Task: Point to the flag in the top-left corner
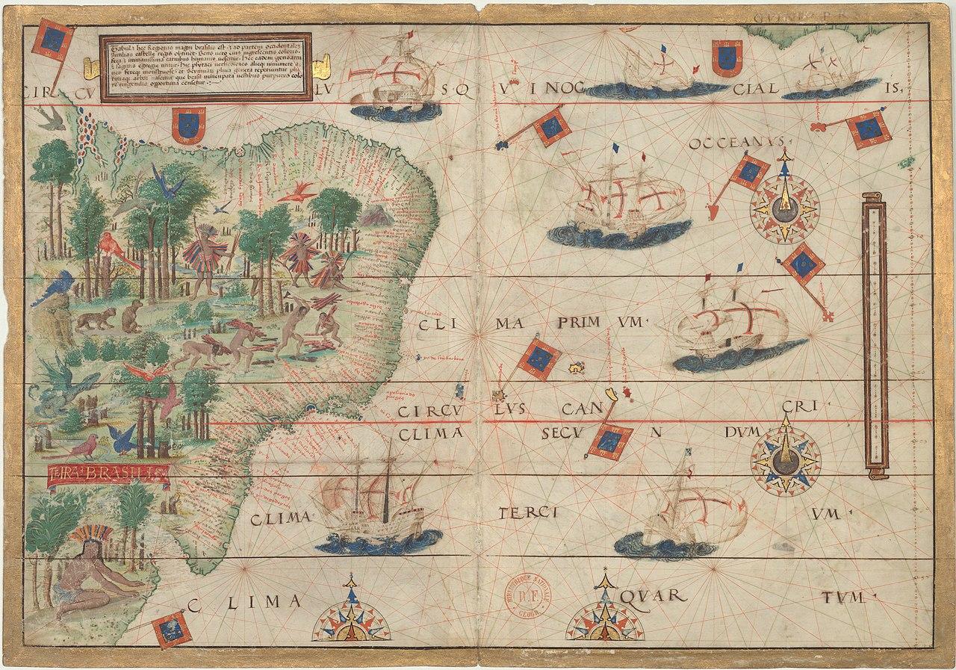pos(52,42)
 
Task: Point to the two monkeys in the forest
pos(112,318)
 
